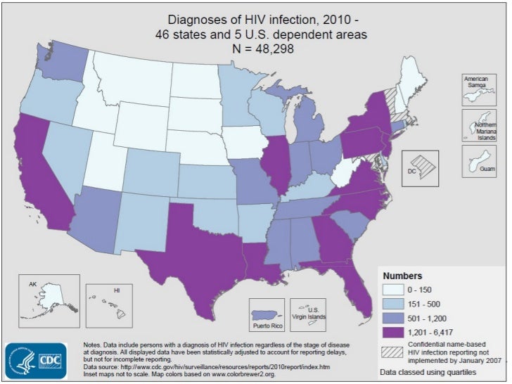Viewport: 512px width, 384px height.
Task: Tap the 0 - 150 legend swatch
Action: [x=393, y=290]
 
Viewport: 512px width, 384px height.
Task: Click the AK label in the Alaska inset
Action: [x=32, y=284]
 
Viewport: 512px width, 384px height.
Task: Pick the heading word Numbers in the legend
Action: [x=402, y=275]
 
